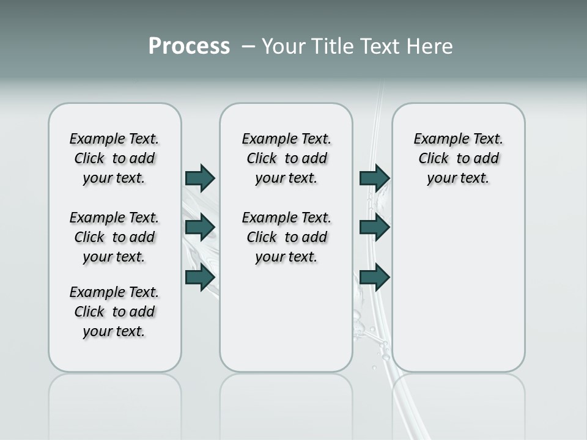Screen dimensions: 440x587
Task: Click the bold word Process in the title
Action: point(189,46)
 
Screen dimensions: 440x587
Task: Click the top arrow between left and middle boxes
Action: point(200,178)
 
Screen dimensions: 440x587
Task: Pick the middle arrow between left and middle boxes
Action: point(200,227)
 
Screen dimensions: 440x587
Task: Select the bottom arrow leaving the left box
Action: point(200,277)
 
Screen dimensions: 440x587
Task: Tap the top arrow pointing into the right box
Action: point(374,178)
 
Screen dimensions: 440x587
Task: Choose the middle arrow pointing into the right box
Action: point(374,227)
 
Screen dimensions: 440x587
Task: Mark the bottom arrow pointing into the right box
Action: point(374,277)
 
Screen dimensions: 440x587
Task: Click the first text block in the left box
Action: point(114,158)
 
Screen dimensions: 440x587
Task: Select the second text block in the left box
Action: point(114,237)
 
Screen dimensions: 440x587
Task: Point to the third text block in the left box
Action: point(114,312)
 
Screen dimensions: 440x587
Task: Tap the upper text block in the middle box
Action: point(286,158)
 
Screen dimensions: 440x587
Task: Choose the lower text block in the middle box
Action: point(286,237)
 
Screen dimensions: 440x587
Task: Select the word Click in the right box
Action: point(434,159)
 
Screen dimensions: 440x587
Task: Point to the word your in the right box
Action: point(441,178)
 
